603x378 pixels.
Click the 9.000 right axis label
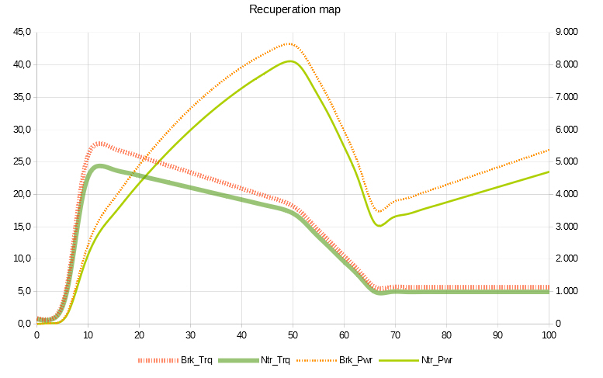tap(570, 33)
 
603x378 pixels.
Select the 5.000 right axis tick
tap(570, 162)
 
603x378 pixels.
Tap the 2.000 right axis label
tap(570, 259)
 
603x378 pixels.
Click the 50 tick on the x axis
tap(293, 335)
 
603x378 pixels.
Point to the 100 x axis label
tap(549, 335)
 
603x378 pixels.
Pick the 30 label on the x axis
tap(190, 335)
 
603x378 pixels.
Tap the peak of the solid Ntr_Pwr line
tap(289, 61)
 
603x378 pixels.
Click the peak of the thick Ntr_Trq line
tap(99, 166)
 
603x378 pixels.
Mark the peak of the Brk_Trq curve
tap(99, 144)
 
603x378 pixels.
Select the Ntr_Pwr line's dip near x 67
tap(379, 225)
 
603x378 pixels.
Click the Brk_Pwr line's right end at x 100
tap(549, 150)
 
